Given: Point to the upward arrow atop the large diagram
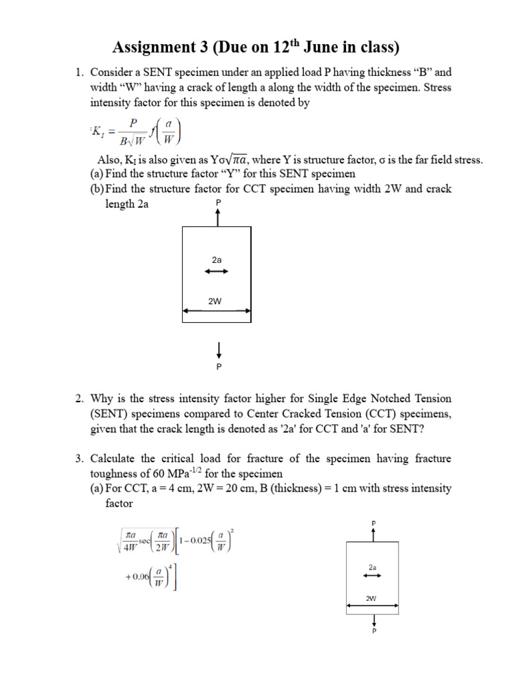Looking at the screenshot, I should tap(217, 217).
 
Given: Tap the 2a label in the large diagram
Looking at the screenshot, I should tap(217, 259).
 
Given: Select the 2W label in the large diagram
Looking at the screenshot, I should tap(215, 301).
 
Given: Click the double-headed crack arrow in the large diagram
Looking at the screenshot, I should tap(217, 271).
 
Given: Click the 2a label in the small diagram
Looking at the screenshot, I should tap(373, 567).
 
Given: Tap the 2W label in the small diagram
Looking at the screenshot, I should tap(371, 598).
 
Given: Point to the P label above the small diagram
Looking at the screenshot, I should tap(373, 522).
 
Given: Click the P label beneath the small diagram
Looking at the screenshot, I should tap(373, 630).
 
